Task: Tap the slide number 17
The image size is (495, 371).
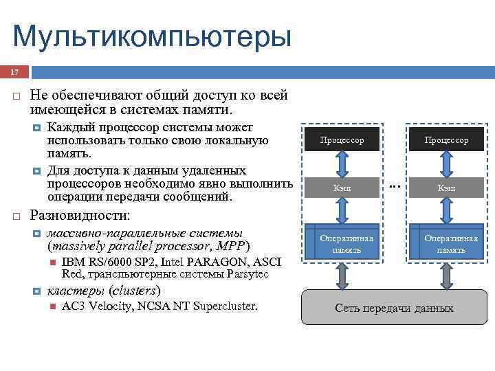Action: click(13, 72)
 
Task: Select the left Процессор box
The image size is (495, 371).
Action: click(342, 140)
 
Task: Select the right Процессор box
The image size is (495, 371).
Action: click(446, 140)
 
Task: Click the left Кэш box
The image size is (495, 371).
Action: click(342, 188)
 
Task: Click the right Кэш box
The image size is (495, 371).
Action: click(446, 188)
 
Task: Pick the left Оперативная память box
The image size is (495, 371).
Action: click(342, 243)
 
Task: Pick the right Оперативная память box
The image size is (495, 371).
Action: click(446, 243)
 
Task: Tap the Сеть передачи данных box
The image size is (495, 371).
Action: click(394, 308)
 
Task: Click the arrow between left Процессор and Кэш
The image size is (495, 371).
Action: click(342, 164)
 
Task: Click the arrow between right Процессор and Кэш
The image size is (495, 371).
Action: click(446, 164)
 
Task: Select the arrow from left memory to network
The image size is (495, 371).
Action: click(342, 276)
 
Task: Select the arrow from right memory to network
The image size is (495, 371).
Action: click(446, 276)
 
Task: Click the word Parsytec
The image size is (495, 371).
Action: click(246, 275)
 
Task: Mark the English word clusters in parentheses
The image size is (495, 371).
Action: click(135, 290)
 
